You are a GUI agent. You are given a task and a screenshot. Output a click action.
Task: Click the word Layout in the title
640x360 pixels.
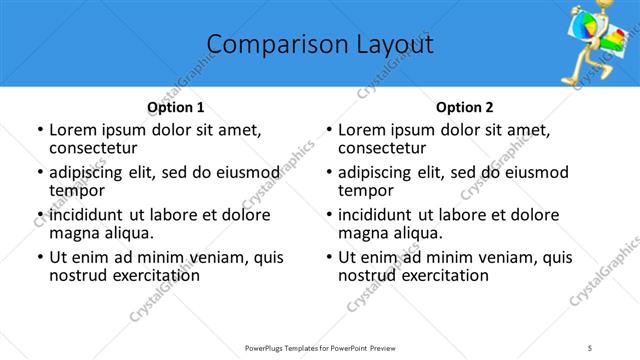coord(392,45)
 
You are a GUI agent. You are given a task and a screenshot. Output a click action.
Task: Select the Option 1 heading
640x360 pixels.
coord(175,107)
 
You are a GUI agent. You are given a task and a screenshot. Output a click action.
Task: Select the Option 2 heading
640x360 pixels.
coord(465,107)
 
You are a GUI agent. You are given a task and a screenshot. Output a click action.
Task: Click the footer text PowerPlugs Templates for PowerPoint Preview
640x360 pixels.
coord(319,346)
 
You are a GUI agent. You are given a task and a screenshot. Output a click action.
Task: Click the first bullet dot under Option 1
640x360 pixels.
coord(39,130)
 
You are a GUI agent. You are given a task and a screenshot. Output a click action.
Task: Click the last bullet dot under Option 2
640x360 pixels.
coord(329,257)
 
